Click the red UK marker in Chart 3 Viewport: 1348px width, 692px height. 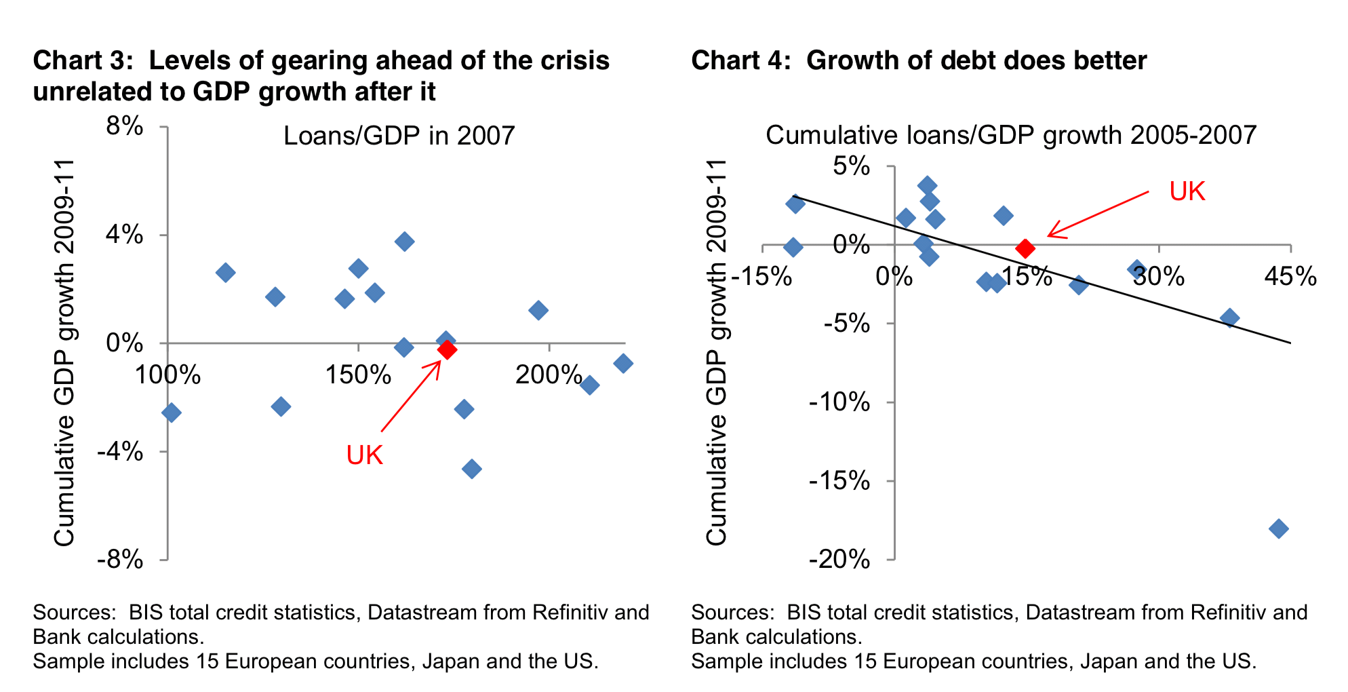447,349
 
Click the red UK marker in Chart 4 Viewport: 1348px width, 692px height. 1025,248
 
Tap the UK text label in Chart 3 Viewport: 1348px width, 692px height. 365,455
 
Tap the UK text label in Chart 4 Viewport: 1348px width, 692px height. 1187,192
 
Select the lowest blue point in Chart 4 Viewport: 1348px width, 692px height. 1279,528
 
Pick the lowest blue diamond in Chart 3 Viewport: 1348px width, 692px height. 472,469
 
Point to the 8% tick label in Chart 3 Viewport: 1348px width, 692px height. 125,126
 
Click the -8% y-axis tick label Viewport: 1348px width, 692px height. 120,560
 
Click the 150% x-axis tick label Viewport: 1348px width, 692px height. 358,374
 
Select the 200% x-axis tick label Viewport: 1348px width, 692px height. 549,374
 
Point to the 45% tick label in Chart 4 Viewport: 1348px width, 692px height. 1290,277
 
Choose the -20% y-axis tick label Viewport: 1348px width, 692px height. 839,560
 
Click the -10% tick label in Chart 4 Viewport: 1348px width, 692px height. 839,402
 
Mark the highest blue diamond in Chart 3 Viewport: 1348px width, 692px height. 405,242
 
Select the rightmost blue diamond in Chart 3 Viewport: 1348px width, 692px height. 623,363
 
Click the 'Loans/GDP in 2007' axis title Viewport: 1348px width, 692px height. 399,136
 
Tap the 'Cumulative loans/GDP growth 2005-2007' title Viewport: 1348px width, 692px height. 1011,135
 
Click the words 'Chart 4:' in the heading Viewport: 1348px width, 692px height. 741,61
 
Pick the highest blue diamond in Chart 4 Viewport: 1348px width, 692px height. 928,186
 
